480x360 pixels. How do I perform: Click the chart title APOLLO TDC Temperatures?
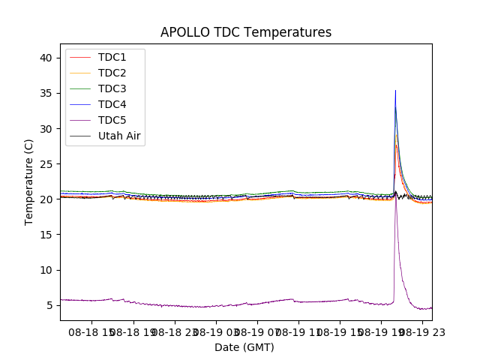246,32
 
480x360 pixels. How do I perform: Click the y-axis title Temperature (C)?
29,181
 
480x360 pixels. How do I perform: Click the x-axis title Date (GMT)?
244,347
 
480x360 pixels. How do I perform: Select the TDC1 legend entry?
112,58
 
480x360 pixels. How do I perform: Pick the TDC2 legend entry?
112,73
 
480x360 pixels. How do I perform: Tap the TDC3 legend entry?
112,89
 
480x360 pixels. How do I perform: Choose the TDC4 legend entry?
112,105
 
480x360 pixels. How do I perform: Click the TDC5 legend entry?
112,121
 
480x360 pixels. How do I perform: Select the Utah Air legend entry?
119,136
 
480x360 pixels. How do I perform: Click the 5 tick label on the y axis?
52,305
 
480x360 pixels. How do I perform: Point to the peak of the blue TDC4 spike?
395,91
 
